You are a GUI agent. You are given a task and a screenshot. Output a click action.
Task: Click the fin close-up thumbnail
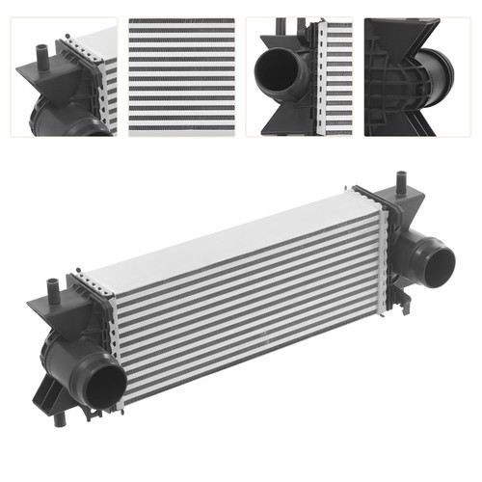(x=181, y=76)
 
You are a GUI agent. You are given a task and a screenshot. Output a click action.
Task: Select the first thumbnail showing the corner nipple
(x=65, y=76)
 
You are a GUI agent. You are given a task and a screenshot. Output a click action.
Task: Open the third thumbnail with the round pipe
(x=298, y=76)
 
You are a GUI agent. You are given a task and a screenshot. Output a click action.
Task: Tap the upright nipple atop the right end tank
(x=402, y=182)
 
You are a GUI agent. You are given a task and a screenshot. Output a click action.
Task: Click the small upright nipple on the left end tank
(x=53, y=287)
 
